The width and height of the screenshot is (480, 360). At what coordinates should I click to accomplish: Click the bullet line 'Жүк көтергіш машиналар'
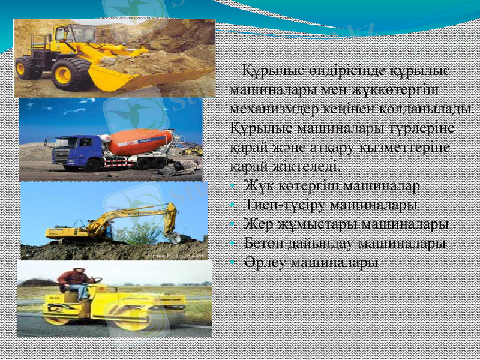pos(332,185)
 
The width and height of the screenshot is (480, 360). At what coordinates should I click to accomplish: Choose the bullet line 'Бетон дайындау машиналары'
pos(344,243)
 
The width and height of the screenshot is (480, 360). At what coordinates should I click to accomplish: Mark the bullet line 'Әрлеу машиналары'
pos(311,262)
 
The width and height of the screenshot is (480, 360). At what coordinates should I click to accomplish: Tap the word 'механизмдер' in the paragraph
pos(280,110)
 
